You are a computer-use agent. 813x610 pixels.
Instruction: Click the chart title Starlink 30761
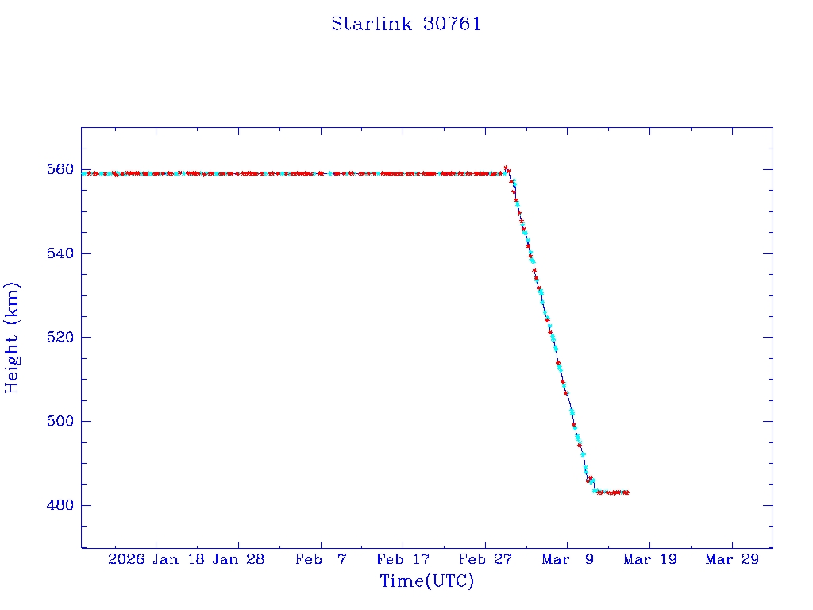[x=406, y=24]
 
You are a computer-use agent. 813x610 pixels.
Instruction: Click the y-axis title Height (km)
[x=12, y=338]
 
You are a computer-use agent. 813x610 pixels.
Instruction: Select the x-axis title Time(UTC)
[x=426, y=581]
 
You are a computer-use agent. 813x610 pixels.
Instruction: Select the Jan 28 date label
[x=238, y=559]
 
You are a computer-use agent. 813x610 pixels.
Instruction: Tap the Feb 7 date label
[x=321, y=559]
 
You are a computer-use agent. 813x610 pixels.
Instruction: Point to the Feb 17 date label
[x=403, y=559]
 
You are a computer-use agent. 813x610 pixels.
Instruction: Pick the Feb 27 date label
[x=485, y=559]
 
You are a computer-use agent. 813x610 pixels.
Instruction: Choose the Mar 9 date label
[x=567, y=559]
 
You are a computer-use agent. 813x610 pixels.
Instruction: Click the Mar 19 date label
[x=649, y=559]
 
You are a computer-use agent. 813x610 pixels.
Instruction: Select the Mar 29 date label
[x=732, y=559]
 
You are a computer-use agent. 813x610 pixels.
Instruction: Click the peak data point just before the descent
[x=507, y=168]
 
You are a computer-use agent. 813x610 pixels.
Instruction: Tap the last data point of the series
[x=627, y=492]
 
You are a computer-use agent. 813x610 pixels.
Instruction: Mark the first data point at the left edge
[x=83, y=173]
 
